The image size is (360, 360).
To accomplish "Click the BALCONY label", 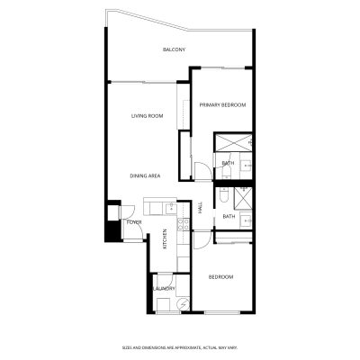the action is coord(174,49).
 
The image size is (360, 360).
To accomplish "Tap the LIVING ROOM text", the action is coord(148,116).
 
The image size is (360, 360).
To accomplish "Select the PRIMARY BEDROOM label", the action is coord(223,105).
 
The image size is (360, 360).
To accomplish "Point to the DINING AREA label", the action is coord(145,175).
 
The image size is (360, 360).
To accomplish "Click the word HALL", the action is coord(200,207).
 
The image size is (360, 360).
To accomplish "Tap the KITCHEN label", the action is coord(165,239).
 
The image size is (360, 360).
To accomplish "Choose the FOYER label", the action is coord(134,222).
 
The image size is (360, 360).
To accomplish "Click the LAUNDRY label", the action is coord(164,289).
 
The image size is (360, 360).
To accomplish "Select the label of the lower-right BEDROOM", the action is coord(220,277).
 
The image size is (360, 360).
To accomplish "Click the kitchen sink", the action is coord(171,208).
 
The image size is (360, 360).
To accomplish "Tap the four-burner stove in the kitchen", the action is coord(184,225).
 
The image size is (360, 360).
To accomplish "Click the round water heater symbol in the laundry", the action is coord(183,304).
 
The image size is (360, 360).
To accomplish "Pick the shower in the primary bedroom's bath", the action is coord(234,142).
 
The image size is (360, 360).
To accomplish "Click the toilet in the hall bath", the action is coord(223,195).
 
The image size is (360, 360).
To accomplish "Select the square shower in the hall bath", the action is coord(243,198).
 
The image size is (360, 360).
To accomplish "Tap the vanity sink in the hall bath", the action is coord(247,221).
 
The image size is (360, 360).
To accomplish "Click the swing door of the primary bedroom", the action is coord(203,172).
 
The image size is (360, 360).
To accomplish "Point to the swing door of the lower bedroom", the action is coord(202,239).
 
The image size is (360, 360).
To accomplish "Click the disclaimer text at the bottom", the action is coord(180,347).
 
